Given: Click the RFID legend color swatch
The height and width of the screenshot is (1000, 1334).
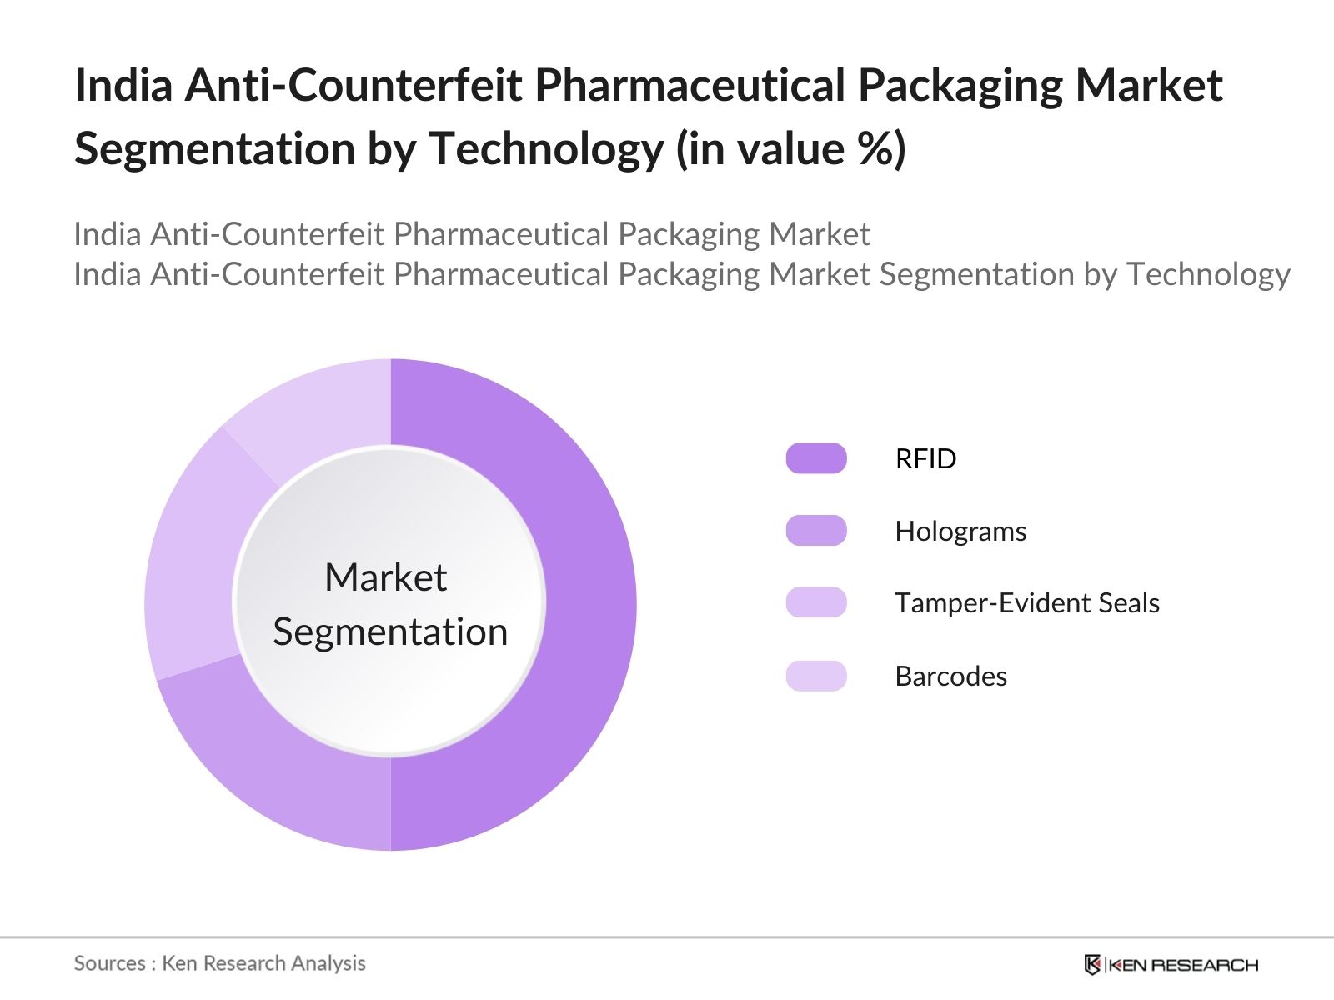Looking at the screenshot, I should click(x=815, y=458).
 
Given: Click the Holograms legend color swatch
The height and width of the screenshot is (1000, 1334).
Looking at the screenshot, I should click(x=815, y=531).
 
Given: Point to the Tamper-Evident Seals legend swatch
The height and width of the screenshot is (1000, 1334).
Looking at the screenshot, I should click(x=815, y=602).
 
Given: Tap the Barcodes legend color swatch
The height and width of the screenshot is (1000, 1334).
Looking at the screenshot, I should click(x=815, y=676).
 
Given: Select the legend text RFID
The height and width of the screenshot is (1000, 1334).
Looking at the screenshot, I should click(x=925, y=458).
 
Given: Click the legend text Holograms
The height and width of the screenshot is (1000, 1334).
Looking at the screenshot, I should click(x=960, y=531).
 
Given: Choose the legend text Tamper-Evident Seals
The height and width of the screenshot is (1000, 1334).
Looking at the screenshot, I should click(x=1026, y=602).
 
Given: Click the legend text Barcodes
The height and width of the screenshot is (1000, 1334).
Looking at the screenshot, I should click(x=950, y=676).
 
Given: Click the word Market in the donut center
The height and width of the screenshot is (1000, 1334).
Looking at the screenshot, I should click(x=385, y=577).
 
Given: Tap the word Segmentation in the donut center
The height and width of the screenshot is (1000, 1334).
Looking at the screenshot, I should click(x=390, y=632).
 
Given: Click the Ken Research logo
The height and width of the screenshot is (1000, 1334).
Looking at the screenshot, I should click(x=1171, y=965).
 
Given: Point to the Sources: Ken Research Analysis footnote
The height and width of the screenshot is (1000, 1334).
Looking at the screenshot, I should click(x=219, y=963).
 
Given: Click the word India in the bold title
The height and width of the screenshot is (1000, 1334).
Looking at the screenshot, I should click(x=123, y=85).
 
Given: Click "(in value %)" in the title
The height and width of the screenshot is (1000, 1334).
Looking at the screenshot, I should click(x=790, y=149).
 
